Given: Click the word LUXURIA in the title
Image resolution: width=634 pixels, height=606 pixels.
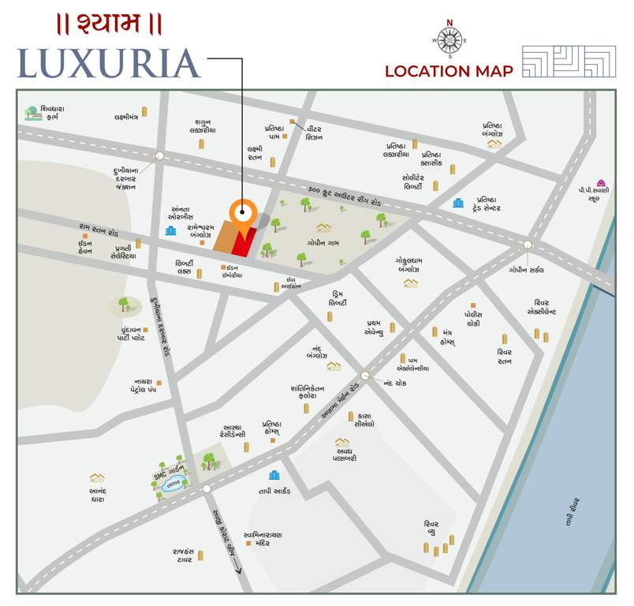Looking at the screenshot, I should point(109,64).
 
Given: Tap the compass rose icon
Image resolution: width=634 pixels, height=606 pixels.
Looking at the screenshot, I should point(449,39).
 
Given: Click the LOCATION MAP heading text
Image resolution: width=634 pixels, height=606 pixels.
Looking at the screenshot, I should point(449,71).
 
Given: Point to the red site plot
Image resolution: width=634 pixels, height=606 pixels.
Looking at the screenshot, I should point(244,243).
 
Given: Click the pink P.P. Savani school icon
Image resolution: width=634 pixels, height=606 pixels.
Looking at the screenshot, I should point(602,182).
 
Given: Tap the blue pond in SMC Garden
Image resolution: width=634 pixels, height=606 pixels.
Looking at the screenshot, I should point(171,487).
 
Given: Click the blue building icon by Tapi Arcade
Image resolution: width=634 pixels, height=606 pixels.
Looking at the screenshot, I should point(274,475).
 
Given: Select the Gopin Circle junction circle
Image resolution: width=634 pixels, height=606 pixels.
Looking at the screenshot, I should point(527,245).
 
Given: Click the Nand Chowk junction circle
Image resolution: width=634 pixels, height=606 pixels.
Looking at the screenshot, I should point(365,376).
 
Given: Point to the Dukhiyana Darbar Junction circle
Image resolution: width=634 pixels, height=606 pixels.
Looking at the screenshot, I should point(159,156).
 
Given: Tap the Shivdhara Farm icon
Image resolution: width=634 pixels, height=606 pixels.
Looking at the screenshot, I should point(32,113).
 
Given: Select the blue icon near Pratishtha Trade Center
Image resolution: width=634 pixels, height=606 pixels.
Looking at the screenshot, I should point(458,203).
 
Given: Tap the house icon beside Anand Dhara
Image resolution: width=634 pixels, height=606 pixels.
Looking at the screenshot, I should point(97,477).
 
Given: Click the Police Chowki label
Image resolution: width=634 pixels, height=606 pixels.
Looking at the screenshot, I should point(479,318).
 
